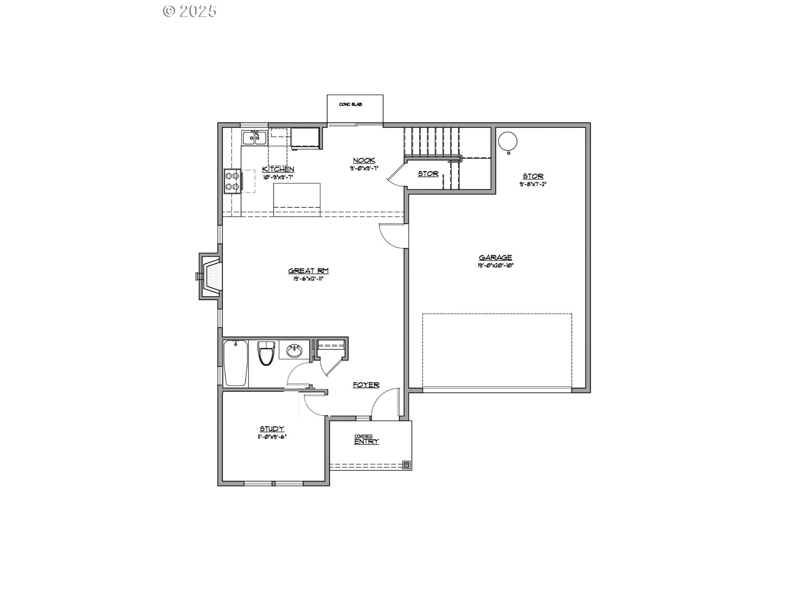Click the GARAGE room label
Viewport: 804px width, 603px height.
pyautogui.click(x=495, y=257)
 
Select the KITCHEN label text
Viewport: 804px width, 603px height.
pyautogui.click(x=278, y=169)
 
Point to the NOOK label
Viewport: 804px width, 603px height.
pyautogui.click(x=364, y=161)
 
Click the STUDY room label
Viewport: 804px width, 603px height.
pyautogui.click(x=272, y=429)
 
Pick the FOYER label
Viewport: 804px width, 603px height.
pyautogui.click(x=366, y=385)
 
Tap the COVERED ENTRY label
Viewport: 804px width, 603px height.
pyautogui.click(x=366, y=440)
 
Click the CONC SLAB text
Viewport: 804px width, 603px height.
pyautogui.click(x=350, y=105)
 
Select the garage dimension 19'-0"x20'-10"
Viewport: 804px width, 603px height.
pyautogui.click(x=495, y=265)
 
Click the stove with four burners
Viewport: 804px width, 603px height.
pyautogui.click(x=232, y=181)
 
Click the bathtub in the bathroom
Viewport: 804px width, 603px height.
pyautogui.click(x=235, y=363)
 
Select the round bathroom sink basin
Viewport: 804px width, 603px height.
pyautogui.click(x=294, y=351)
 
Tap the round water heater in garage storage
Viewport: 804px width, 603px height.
pyautogui.click(x=507, y=141)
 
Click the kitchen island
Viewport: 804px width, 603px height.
pyautogui.click(x=297, y=199)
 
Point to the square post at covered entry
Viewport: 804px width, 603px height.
pyautogui.click(x=406, y=465)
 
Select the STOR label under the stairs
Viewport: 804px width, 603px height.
pyautogui.click(x=428, y=174)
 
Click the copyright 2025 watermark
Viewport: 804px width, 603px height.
pyautogui.click(x=190, y=11)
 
